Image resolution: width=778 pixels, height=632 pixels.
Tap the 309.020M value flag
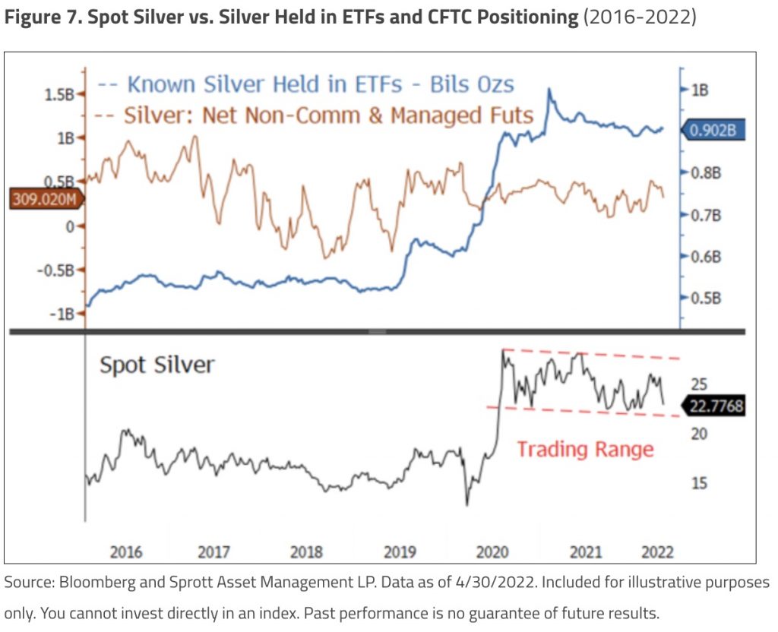coord(44,200)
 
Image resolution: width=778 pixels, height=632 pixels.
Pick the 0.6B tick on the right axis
coord(704,257)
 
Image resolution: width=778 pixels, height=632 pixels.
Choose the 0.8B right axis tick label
coord(704,173)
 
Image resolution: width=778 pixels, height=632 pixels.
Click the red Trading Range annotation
coord(585,449)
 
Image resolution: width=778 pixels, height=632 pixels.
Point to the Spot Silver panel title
coord(157,365)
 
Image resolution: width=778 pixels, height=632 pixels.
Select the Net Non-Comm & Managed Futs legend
coord(328,115)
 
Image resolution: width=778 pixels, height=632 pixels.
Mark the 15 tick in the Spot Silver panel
coord(700,483)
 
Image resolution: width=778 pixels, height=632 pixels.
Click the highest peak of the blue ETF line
coord(549,90)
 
